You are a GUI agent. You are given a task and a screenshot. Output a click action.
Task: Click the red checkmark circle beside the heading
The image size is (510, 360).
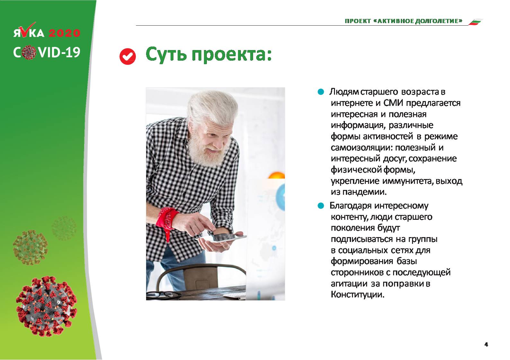pyautogui.click(x=127, y=56)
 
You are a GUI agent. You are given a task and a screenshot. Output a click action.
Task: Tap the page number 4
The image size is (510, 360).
pyautogui.click(x=486, y=345)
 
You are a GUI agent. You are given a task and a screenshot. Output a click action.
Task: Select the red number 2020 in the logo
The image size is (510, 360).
pyautogui.click(x=65, y=33)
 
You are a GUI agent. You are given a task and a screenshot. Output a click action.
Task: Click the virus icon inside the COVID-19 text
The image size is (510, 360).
pyautogui.click(x=29, y=52)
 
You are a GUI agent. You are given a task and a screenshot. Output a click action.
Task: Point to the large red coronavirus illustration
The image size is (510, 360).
pyautogui.click(x=47, y=306)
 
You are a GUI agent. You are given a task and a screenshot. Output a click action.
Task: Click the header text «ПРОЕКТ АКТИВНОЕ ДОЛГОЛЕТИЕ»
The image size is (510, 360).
pyautogui.click(x=403, y=21)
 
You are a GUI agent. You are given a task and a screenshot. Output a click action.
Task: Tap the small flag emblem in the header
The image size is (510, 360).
pyautogui.click(x=475, y=22)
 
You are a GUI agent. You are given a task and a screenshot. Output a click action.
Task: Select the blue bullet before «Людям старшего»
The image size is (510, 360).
pyautogui.click(x=321, y=92)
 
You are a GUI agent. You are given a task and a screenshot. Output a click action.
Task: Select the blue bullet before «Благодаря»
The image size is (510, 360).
pyautogui.click(x=321, y=206)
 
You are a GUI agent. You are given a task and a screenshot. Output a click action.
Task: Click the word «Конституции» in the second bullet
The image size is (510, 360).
pyautogui.click(x=357, y=295)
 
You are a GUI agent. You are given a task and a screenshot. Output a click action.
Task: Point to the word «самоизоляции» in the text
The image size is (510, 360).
pyautogui.click(x=362, y=148)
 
